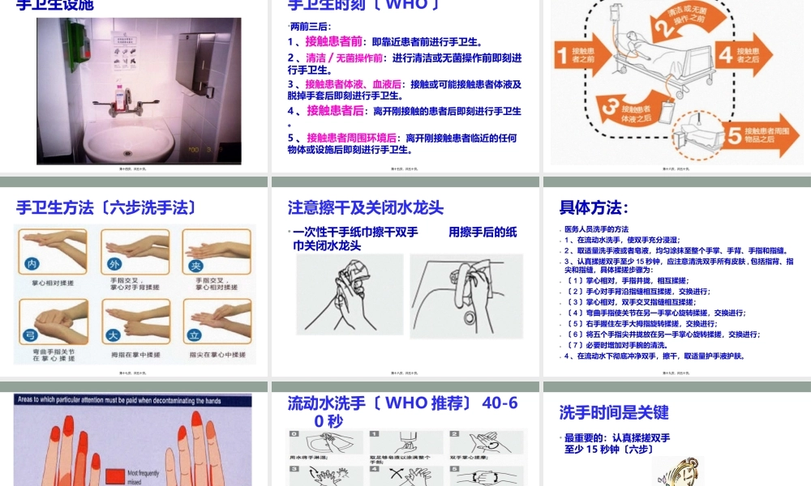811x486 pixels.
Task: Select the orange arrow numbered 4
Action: point(750,54)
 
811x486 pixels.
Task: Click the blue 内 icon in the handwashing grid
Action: point(32,265)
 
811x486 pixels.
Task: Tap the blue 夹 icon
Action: point(195,265)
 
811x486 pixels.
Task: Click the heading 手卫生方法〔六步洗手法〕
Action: point(106,207)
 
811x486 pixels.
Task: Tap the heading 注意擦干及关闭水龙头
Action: point(366,207)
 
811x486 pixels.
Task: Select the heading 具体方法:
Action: point(594,207)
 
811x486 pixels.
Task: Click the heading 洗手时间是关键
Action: point(614,412)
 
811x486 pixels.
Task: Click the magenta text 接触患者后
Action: point(335,111)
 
